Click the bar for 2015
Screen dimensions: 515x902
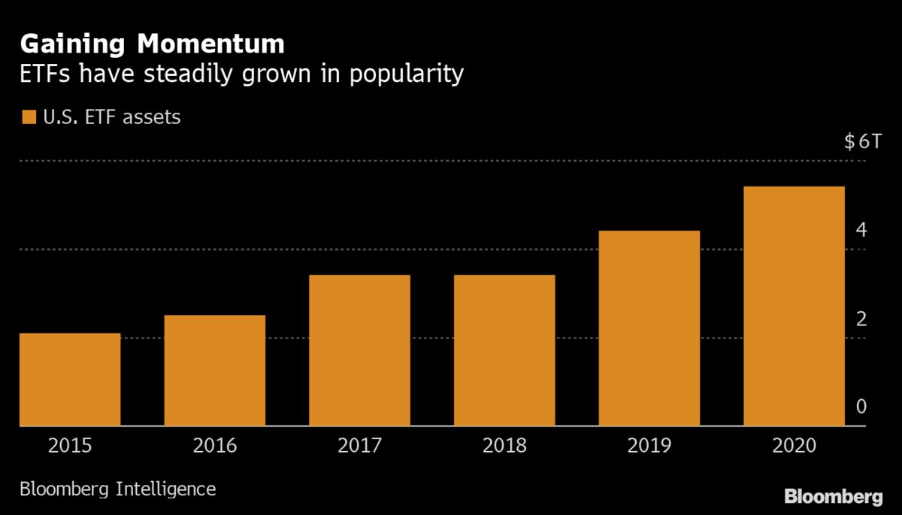pyautogui.click(x=70, y=380)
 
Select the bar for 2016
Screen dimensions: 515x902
pyautogui.click(x=214, y=371)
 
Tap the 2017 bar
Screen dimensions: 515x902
pyautogui.click(x=359, y=351)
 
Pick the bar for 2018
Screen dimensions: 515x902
pyautogui.click(x=504, y=351)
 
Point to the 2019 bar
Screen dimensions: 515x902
pyautogui.click(x=649, y=329)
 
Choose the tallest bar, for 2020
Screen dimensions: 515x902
pyautogui.click(x=794, y=307)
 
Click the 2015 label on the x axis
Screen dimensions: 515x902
pyautogui.click(x=70, y=446)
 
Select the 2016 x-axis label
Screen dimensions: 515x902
pyautogui.click(x=214, y=446)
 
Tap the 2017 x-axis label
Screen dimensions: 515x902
pyautogui.click(x=359, y=446)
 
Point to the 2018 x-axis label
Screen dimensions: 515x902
pyautogui.click(x=504, y=446)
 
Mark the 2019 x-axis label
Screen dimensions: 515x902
pyautogui.click(x=649, y=446)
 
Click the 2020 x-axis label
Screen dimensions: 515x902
pyautogui.click(x=794, y=446)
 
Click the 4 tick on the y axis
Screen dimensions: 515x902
pyautogui.click(x=861, y=230)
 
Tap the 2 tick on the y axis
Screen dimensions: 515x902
pyautogui.click(x=861, y=319)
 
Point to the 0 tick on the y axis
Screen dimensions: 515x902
pyautogui.click(x=861, y=407)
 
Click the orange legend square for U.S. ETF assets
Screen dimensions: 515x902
pyautogui.click(x=29, y=117)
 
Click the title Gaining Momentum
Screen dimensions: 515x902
pyautogui.click(x=153, y=45)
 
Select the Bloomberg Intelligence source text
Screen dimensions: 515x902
pyautogui.click(x=117, y=489)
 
